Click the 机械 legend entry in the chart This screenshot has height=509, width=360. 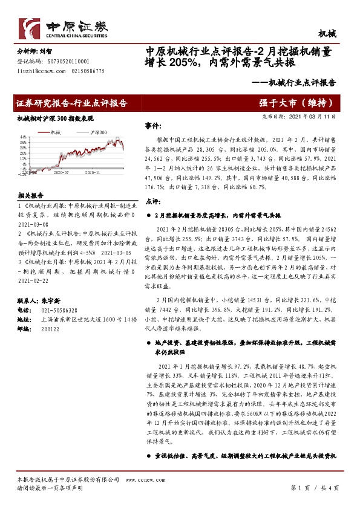53,132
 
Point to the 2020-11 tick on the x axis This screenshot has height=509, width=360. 92,172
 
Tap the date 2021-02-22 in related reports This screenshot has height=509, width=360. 35,281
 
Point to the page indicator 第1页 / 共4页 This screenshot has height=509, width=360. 316,487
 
